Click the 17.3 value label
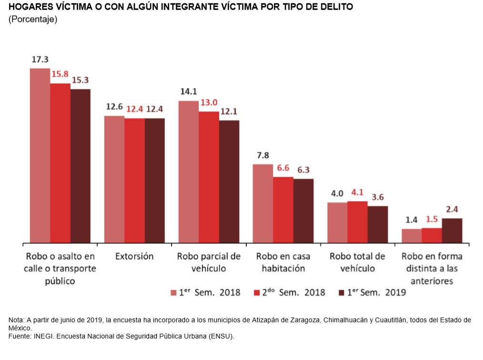[x=40, y=60]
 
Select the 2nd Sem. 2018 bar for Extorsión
[x=135, y=180]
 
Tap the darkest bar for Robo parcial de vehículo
[x=229, y=181]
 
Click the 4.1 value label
[x=357, y=193]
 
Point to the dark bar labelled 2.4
[x=452, y=231]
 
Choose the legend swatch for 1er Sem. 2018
[x=174, y=292]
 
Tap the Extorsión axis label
[x=134, y=256]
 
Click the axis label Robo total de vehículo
[x=357, y=262]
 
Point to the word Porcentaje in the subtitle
[x=33, y=20]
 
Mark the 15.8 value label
[x=60, y=74]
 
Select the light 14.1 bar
[x=188, y=172]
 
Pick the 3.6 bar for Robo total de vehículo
[x=378, y=225]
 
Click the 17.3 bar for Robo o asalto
[x=40, y=155]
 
